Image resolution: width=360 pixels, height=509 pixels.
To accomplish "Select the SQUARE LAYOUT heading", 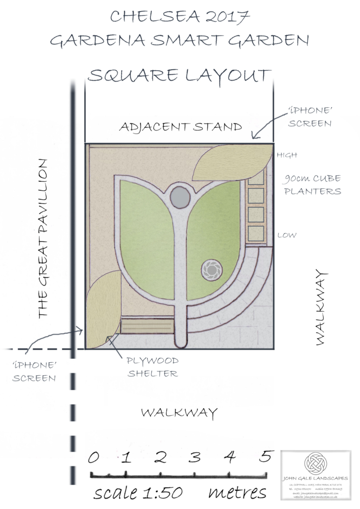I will click(x=180, y=76).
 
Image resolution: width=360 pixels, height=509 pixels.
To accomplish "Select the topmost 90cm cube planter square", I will click(x=256, y=178).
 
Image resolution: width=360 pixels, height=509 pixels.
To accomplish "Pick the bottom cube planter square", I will click(x=256, y=232).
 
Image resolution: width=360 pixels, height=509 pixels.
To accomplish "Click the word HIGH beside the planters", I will click(x=287, y=155).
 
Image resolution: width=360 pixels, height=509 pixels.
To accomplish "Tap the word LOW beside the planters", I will click(x=287, y=235).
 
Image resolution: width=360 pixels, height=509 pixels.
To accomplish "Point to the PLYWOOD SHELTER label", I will click(x=152, y=367).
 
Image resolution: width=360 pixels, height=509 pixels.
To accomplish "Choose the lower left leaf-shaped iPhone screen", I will click(x=103, y=309).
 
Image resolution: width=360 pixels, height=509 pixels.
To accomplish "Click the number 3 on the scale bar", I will click(x=196, y=457).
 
